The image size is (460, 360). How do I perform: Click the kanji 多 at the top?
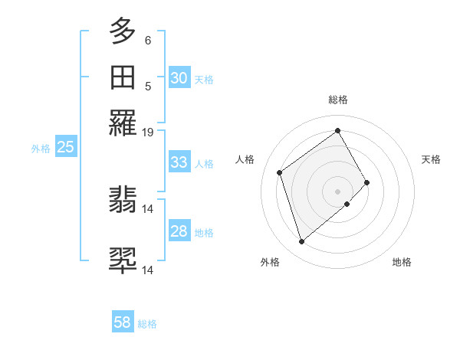point(123,33)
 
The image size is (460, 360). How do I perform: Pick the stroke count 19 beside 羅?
point(148,133)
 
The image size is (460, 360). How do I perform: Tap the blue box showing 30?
point(179,78)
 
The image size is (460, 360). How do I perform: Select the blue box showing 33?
point(179,162)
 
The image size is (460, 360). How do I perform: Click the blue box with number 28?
point(179,232)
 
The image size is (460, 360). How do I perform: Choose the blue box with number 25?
point(65,148)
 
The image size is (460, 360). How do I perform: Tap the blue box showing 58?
point(123,322)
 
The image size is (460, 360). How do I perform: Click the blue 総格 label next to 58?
point(147,324)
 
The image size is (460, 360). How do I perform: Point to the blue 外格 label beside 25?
point(41,149)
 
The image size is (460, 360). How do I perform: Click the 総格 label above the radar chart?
point(338,100)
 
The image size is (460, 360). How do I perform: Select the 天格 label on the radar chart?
point(431,159)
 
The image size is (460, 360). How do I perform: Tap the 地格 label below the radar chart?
point(402,263)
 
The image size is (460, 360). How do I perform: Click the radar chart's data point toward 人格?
point(280,172)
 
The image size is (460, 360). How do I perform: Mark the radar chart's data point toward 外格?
point(301,242)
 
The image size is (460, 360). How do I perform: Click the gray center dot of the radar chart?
point(338,191)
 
